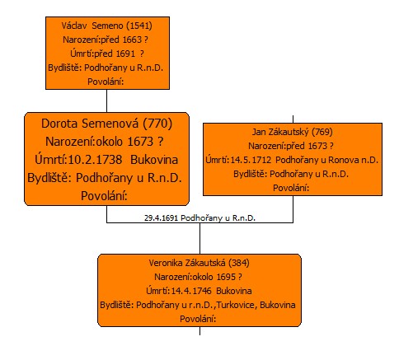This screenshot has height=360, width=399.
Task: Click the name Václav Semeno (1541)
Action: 107,26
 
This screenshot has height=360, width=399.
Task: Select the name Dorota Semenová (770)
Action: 106,124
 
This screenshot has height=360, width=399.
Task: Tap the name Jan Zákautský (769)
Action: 293,132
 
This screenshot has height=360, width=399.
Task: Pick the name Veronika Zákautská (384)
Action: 199,263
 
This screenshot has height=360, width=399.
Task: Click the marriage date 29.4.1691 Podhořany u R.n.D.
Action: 199,218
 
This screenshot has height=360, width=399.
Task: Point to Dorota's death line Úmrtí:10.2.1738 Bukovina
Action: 106,160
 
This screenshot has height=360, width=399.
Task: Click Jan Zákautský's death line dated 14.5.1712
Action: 292,160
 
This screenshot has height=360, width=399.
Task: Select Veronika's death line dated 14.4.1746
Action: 199,291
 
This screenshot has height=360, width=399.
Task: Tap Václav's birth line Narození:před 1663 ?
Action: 106,40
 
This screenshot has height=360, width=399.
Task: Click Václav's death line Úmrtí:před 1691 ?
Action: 107,54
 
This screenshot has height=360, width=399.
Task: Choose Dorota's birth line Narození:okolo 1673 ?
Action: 105,142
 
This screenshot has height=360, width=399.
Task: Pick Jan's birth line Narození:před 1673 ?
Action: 291,146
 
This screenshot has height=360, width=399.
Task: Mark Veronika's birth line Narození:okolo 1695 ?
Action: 198,277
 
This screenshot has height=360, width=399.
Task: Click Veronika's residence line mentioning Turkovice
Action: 198,305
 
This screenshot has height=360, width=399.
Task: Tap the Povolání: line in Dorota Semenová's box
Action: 104,196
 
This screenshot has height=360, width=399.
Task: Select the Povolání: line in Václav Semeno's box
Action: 106,82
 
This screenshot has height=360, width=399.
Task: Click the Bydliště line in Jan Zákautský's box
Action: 291,174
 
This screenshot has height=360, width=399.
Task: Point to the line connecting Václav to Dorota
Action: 106,101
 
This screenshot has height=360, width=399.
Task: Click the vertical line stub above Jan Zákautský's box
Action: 293,119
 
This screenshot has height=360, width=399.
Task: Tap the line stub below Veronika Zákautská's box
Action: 199,330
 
